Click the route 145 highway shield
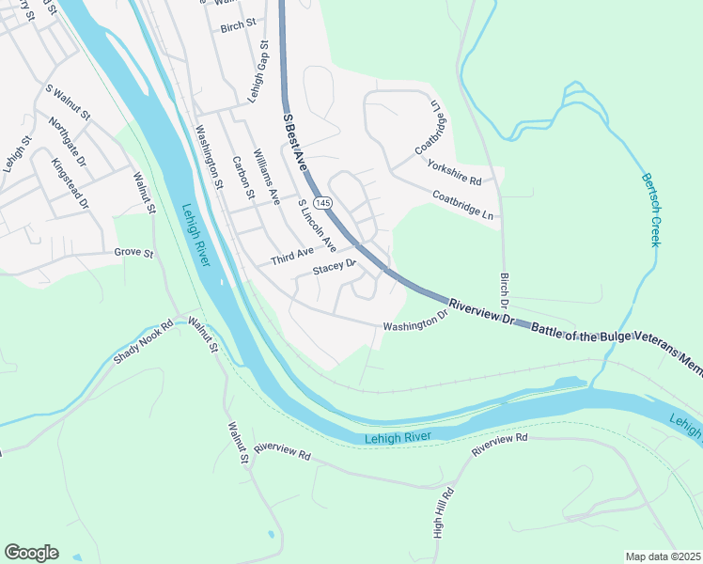323,203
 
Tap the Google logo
31,553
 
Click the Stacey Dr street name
336,268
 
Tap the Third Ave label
291,256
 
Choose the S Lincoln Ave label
317,227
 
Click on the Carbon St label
243,177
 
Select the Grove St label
133,252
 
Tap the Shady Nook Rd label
144,344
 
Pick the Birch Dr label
504,291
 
